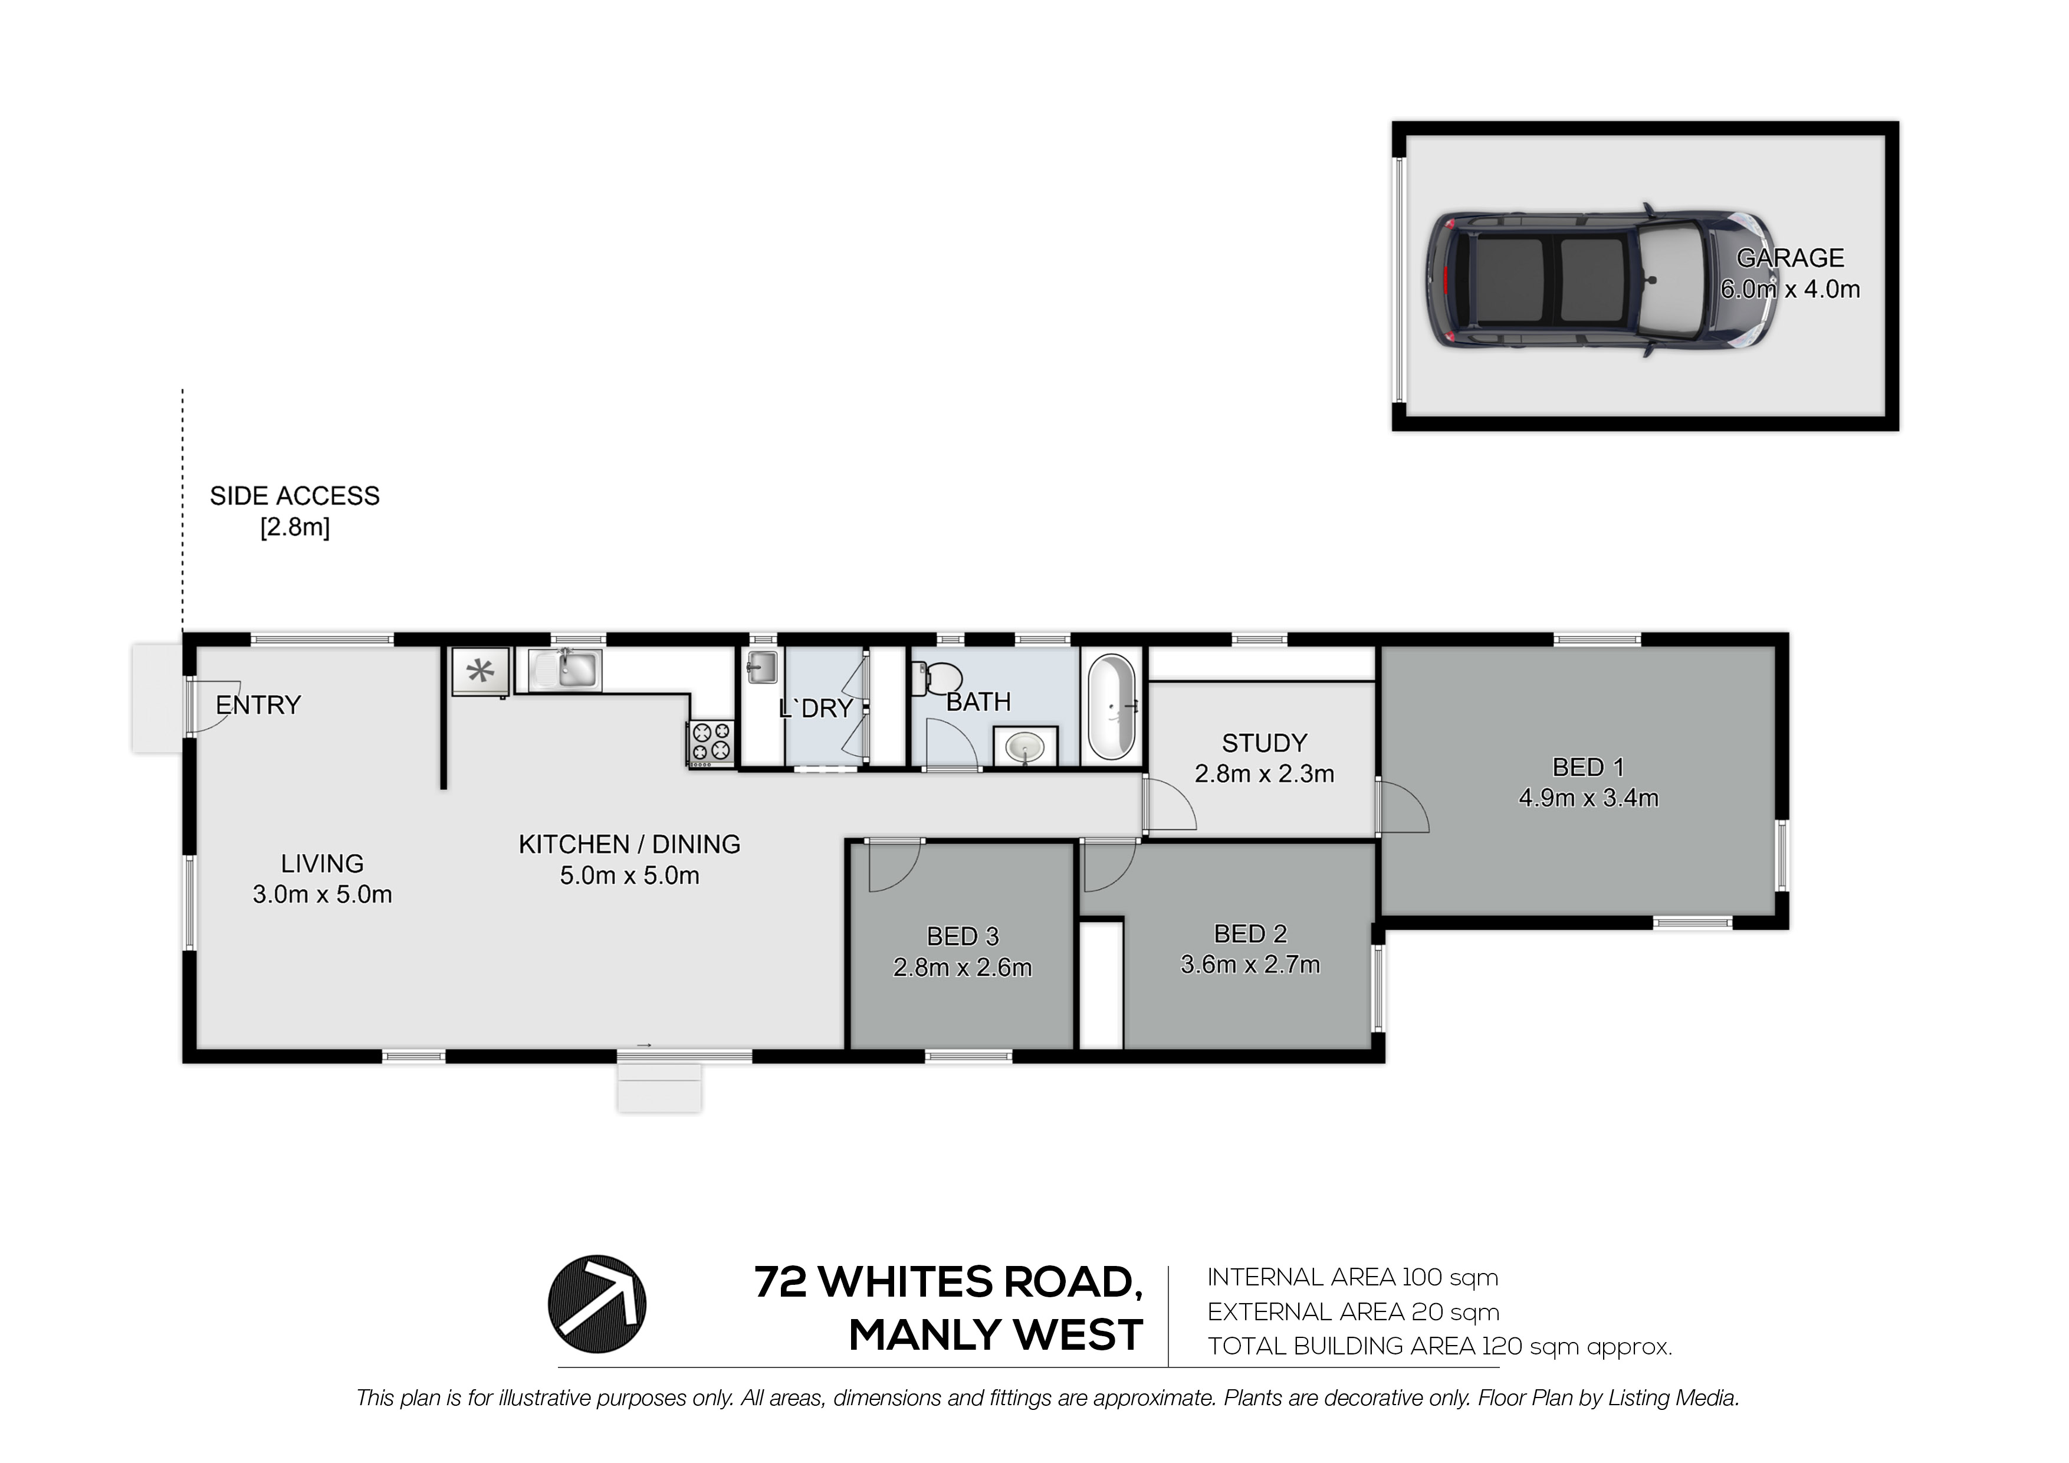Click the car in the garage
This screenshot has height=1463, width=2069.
coord(1600,280)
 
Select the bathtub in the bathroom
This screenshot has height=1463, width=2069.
coord(1112,708)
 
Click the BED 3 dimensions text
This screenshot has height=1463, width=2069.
coord(963,967)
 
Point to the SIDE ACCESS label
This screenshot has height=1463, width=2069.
coord(295,496)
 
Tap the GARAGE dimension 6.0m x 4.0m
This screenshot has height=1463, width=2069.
coord(1789,289)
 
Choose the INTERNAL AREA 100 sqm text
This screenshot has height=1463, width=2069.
coord(1352,1277)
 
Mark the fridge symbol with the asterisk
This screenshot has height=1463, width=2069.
coord(480,671)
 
